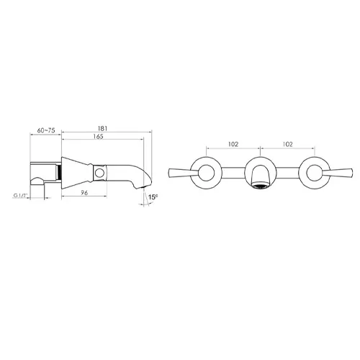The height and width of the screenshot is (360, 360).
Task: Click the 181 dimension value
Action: (x=102, y=128)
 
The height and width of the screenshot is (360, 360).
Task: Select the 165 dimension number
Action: (x=98, y=136)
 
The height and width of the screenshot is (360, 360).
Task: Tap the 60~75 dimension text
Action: (x=46, y=130)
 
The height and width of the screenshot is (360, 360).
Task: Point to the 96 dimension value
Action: (x=84, y=193)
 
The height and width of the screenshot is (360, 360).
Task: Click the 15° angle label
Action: (x=153, y=197)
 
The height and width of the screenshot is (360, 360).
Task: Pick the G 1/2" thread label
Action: (x=21, y=196)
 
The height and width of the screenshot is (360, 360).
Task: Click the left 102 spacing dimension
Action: (x=233, y=144)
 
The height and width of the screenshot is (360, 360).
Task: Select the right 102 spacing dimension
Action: (x=288, y=144)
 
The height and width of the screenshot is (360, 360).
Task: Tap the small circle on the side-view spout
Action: (x=99, y=173)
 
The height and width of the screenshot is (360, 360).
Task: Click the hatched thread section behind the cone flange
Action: (x=60, y=173)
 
